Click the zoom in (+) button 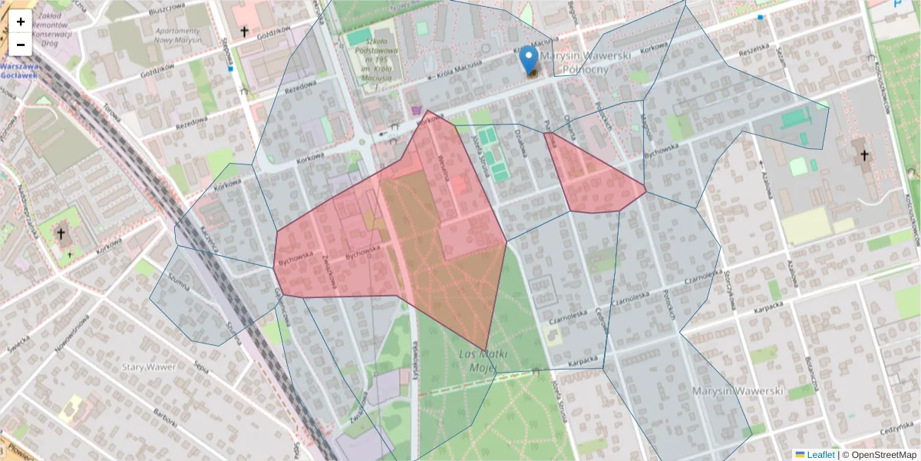coord(21,22)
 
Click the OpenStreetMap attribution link coord(881,455)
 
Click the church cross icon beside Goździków coord(244,32)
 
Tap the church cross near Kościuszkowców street coord(864,156)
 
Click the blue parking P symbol coord(899,5)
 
